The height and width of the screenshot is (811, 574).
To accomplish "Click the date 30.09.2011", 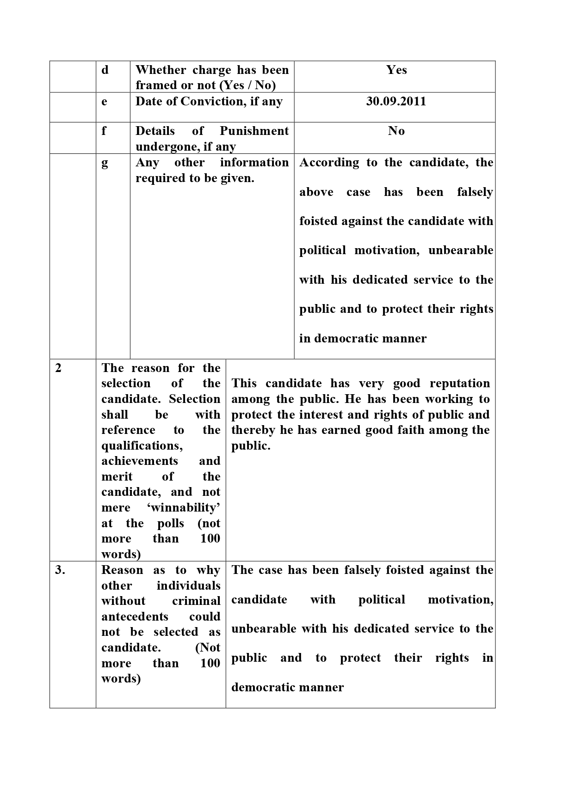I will (x=396, y=101).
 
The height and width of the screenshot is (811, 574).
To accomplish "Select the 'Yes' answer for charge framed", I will (x=396, y=70).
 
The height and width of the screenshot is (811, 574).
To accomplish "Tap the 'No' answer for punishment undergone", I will (x=396, y=131).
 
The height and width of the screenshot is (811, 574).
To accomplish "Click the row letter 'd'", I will (x=105, y=70).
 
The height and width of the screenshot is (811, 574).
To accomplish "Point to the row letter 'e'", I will (x=105, y=102).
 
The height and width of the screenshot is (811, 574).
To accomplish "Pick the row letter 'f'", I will (x=104, y=131).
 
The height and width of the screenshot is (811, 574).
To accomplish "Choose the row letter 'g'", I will (x=105, y=163).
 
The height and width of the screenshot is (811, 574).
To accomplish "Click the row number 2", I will (x=58, y=368).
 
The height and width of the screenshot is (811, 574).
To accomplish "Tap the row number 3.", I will (x=60, y=570).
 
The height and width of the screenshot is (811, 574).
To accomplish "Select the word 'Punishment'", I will (x=254, y=131).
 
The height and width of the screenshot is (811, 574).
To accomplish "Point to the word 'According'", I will (x=329, y=163).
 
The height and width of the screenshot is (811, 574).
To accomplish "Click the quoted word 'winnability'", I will (x=184, y=508).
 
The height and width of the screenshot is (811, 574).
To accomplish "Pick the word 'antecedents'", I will (x=135, y=617).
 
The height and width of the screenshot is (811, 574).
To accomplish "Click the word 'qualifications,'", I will (x=142, y=446).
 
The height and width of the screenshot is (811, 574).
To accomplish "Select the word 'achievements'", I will (x=140, y=461).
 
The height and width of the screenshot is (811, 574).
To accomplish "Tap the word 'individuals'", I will (x=188, y=586).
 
